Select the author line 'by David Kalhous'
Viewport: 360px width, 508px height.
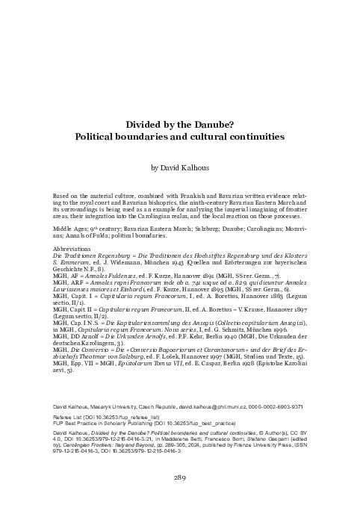[x=180, y=169]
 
